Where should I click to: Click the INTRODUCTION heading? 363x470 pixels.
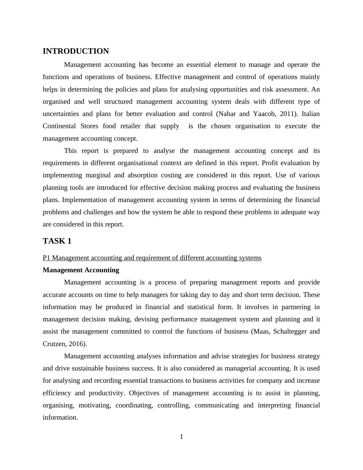pyautogui.click(x=76, y=51)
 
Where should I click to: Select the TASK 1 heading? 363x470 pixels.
pyautogui.click(x=57, y=241)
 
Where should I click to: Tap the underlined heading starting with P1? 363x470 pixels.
pyautogui.click(x=152, y=258)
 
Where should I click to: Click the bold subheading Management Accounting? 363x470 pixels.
pyautogui.click(x=81, y=270)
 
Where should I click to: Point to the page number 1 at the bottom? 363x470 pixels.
pyautogui.click(x=182, y=437)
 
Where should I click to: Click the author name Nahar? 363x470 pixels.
pyautogui.click(x=227, y=114)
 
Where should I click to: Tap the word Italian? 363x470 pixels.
pyautogui.click(x=311, y=114)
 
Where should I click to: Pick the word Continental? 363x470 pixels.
pyautogui.click(x=59, y=126)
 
